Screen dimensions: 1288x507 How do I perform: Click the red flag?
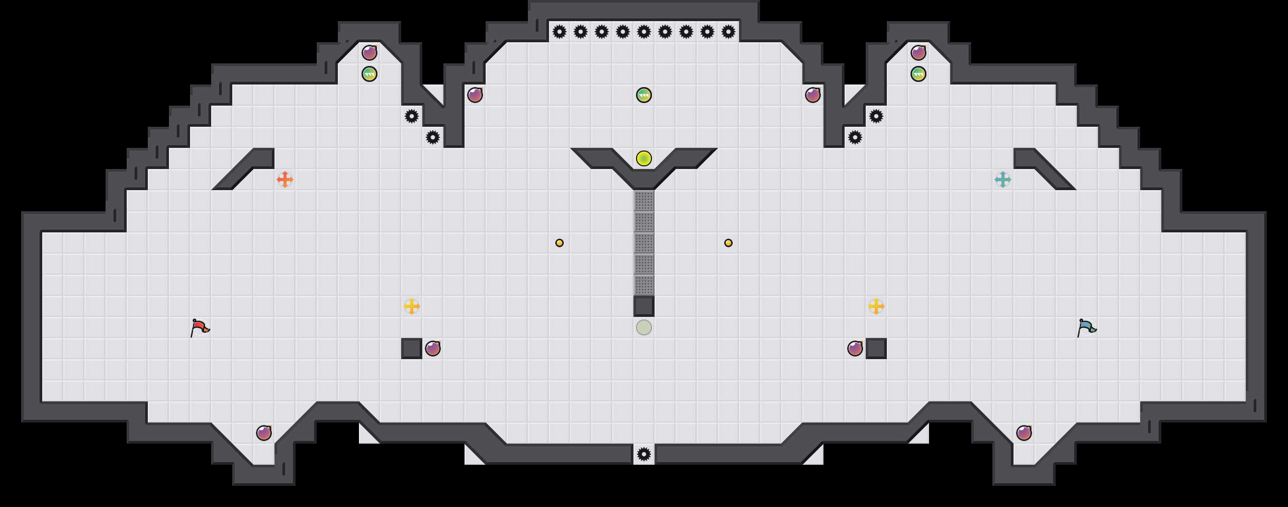(x=200, y=327)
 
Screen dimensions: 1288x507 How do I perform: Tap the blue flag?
(x=1086, y=327)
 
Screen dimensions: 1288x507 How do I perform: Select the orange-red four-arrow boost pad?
(x=285, y=180)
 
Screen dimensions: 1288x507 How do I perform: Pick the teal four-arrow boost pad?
(x=1003, y=180)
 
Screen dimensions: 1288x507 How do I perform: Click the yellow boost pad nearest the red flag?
(x=412, y=306)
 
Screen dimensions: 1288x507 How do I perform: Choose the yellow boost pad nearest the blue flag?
(x=876, y=306)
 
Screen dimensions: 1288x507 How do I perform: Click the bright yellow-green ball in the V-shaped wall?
(x=644, y=158)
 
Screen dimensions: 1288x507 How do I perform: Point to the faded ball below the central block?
(x=644, y=327)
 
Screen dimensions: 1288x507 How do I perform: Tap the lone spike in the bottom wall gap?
(x=644, y=454)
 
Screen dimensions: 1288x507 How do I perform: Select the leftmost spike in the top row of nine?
(x=560, y=32)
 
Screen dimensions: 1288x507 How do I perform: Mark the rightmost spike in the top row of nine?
(x=728, y=32)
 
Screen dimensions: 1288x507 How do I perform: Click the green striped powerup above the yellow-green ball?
(x=644, y=95)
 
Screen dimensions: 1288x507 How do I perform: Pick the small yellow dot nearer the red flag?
(x=560, y=243)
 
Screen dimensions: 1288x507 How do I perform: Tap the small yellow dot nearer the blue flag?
(x=728, y=243)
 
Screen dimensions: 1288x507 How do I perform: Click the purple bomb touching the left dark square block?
(x=433, y=349)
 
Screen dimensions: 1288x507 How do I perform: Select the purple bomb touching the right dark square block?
(x=855, y=349)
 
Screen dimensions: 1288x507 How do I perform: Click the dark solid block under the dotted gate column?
(x=644, y=306)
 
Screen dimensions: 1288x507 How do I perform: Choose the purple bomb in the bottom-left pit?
(x=264, y=433)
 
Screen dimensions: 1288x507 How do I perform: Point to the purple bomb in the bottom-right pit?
(x=1024, y=433)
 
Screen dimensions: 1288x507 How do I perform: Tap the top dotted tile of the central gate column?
(x=644, y=201)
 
